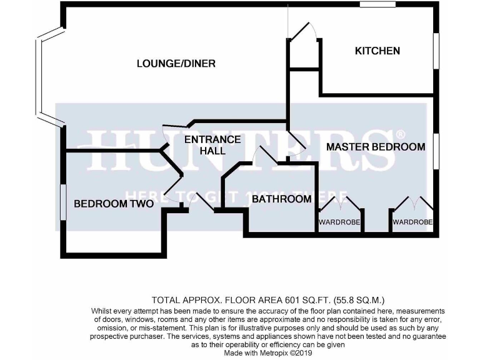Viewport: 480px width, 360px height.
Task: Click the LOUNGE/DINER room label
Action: coord(176,63)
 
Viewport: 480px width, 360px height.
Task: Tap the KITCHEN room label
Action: coord(377,51)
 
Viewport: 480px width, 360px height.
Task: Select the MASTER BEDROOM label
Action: coord(376,147)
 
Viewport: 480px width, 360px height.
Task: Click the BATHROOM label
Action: coord(281,199)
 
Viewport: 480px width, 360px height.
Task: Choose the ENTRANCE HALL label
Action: coord(212,145)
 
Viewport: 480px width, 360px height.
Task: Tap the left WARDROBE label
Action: coord(339,222)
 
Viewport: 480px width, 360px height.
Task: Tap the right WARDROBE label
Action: coord(412,222)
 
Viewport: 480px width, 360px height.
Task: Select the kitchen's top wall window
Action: coord(377,5)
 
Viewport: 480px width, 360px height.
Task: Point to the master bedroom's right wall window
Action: coord(436,150)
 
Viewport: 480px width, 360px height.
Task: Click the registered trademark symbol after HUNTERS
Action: coord(401,134)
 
